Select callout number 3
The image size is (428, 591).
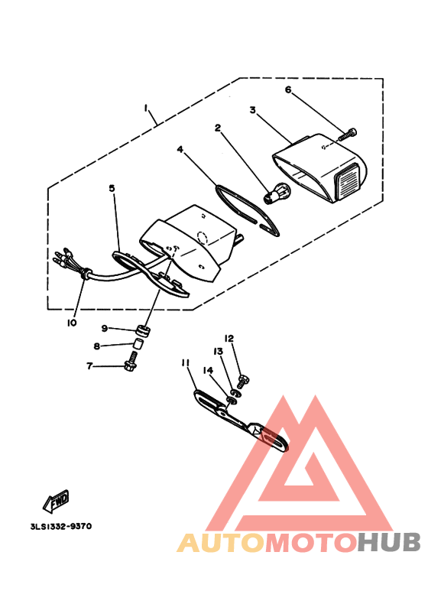coord(251,110)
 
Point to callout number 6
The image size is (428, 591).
coord(289,89)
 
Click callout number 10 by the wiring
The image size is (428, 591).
coord(71,323)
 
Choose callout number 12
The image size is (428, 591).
coord(229,337)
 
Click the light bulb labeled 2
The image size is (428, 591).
coord(275,193)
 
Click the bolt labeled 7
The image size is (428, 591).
coord(128,366)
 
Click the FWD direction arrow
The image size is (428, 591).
coord(57,501)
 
